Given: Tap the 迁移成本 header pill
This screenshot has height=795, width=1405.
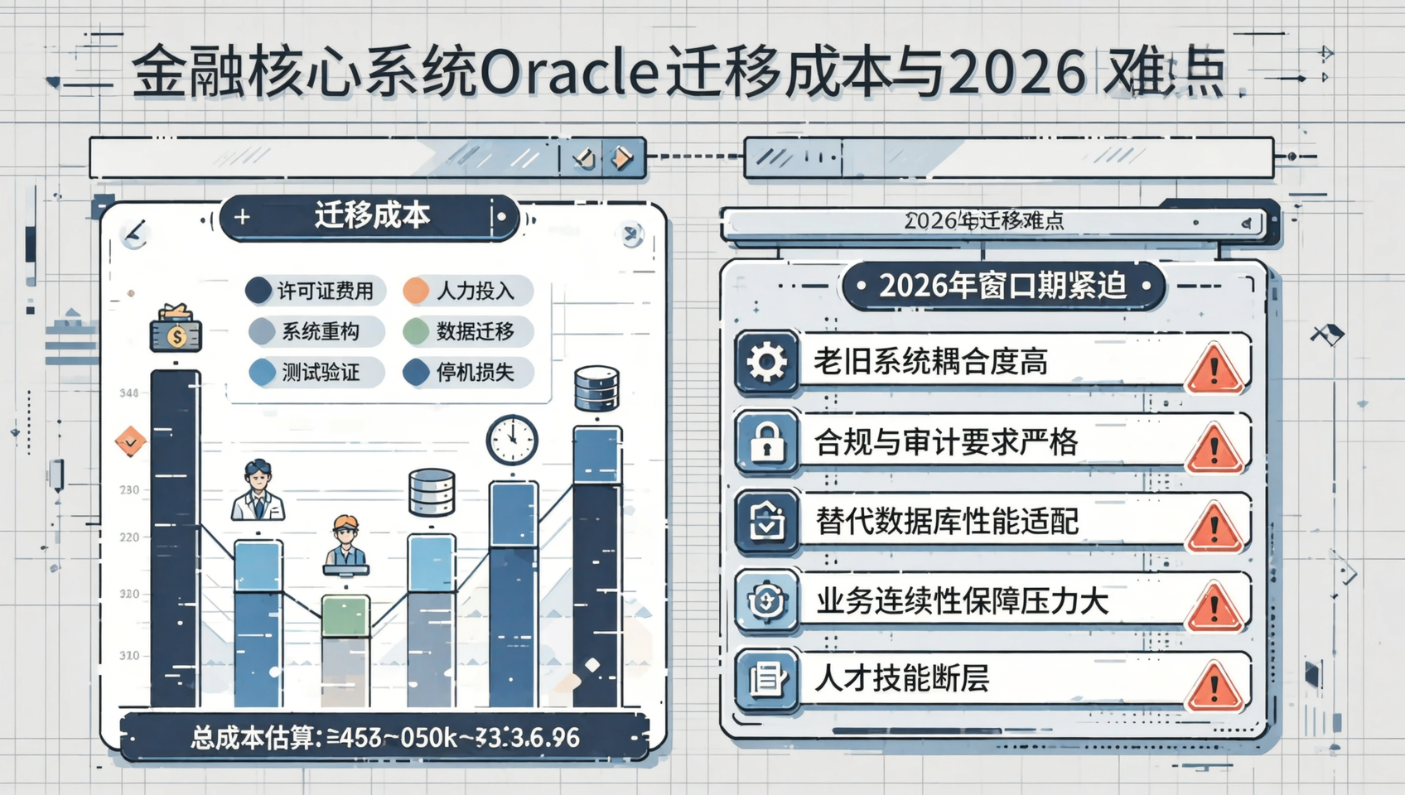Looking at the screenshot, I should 370,216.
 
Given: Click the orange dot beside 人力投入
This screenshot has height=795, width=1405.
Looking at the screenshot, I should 416,291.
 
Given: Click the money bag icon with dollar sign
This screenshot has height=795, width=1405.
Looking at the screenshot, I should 176,330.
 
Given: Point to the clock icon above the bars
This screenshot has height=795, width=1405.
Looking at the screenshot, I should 511,439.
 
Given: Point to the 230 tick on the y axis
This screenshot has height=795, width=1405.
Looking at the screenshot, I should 129,489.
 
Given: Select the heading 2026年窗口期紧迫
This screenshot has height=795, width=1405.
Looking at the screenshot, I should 1002,286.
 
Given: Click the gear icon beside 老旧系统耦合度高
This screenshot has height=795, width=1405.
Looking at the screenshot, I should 767,362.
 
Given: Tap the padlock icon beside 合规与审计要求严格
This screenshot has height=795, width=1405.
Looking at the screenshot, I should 767,441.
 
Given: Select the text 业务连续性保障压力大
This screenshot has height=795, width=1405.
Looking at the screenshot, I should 962,600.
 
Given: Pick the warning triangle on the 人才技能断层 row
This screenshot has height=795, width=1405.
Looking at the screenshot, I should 1214,687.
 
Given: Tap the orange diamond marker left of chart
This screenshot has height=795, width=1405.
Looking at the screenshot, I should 130,442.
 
